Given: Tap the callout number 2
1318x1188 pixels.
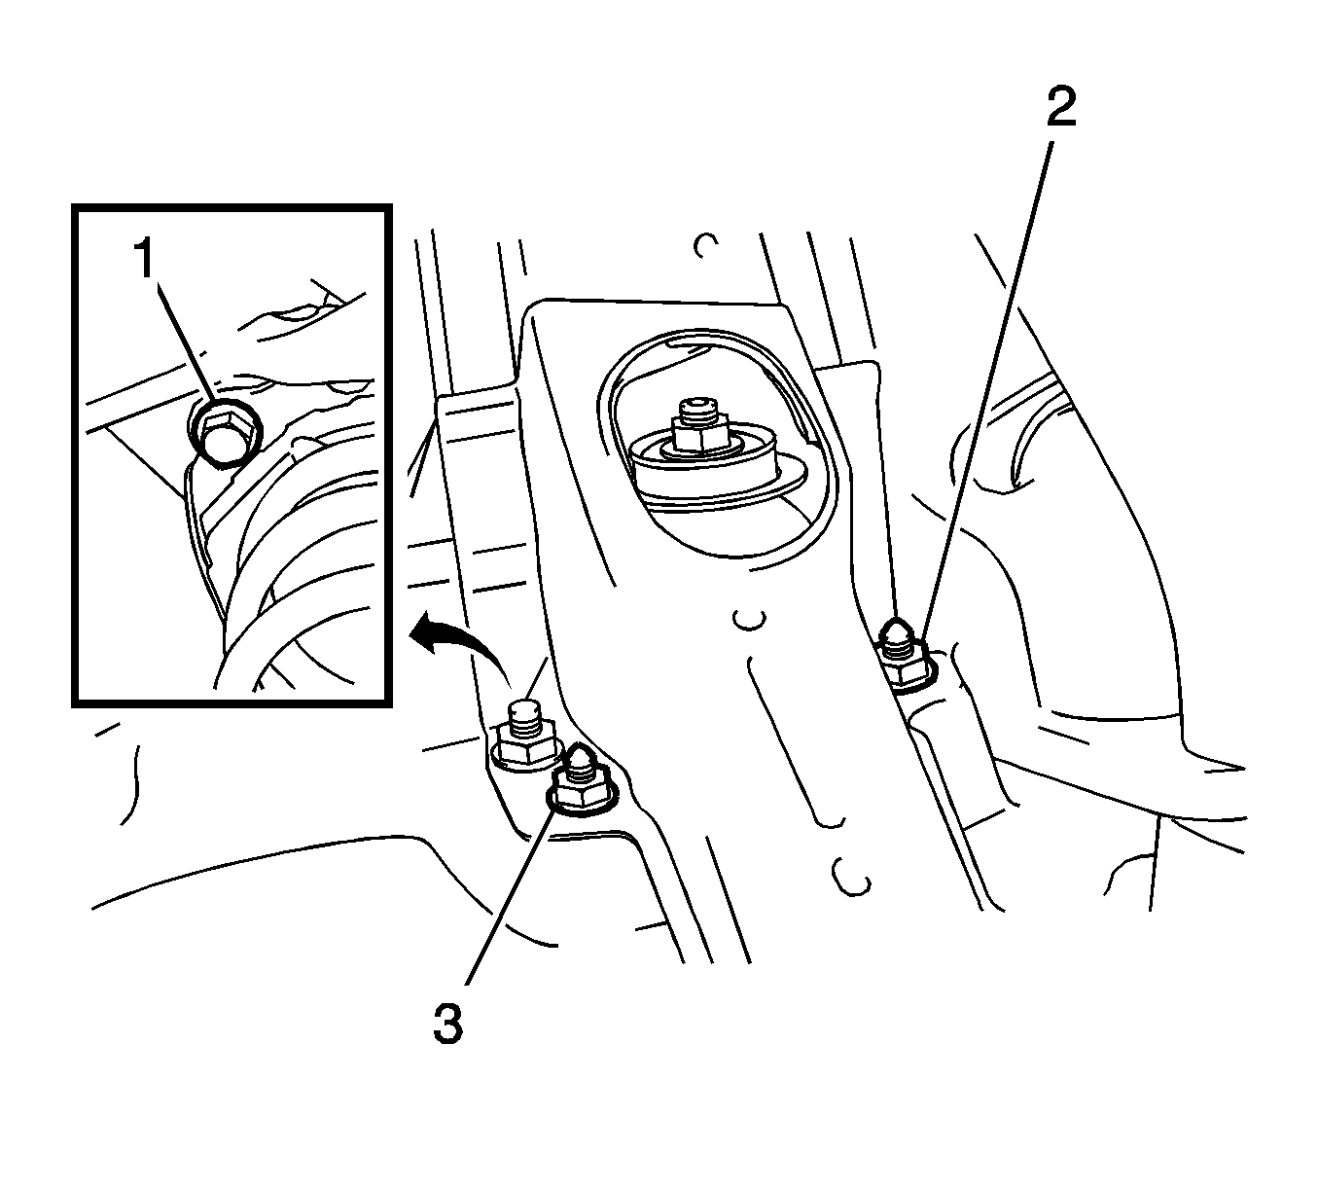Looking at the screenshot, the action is pyautogui.click(x=1061, y=107).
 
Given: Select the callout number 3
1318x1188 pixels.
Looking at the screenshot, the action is pyautogui.click(x=448, y=1025).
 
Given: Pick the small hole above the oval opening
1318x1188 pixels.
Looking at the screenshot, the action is pyautogui.click(x=705, y=245).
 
